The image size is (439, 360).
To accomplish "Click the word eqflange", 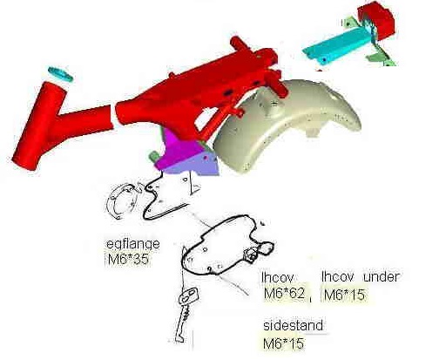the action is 133,244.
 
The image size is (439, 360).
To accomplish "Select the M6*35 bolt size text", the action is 128,259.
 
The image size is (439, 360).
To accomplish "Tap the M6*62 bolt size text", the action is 285,293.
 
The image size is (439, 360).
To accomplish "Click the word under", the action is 382,276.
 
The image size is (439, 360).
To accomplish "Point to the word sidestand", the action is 293,325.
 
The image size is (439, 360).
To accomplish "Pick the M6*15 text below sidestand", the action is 283,343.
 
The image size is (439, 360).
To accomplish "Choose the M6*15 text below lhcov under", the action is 344,295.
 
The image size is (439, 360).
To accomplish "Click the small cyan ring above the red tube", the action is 60,73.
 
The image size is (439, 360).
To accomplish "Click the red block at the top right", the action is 376,19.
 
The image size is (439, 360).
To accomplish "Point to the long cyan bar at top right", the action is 337,46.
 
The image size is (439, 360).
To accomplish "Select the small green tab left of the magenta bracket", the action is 153,156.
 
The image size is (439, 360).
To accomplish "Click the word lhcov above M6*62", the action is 278,277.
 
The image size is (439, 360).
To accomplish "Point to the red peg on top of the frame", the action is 240,44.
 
